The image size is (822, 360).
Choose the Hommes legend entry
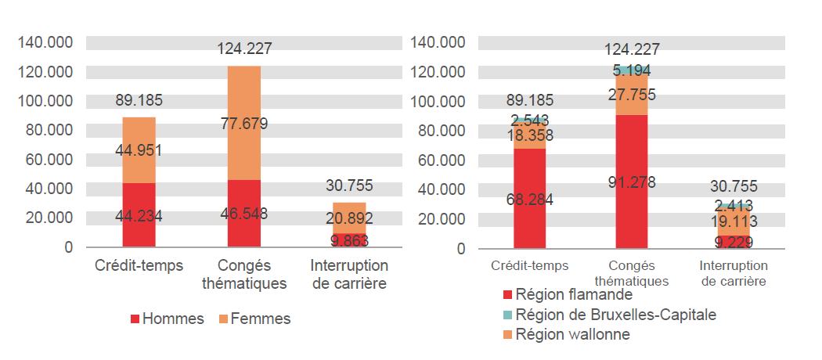(167, 319)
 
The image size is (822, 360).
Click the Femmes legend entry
(254, 319)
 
